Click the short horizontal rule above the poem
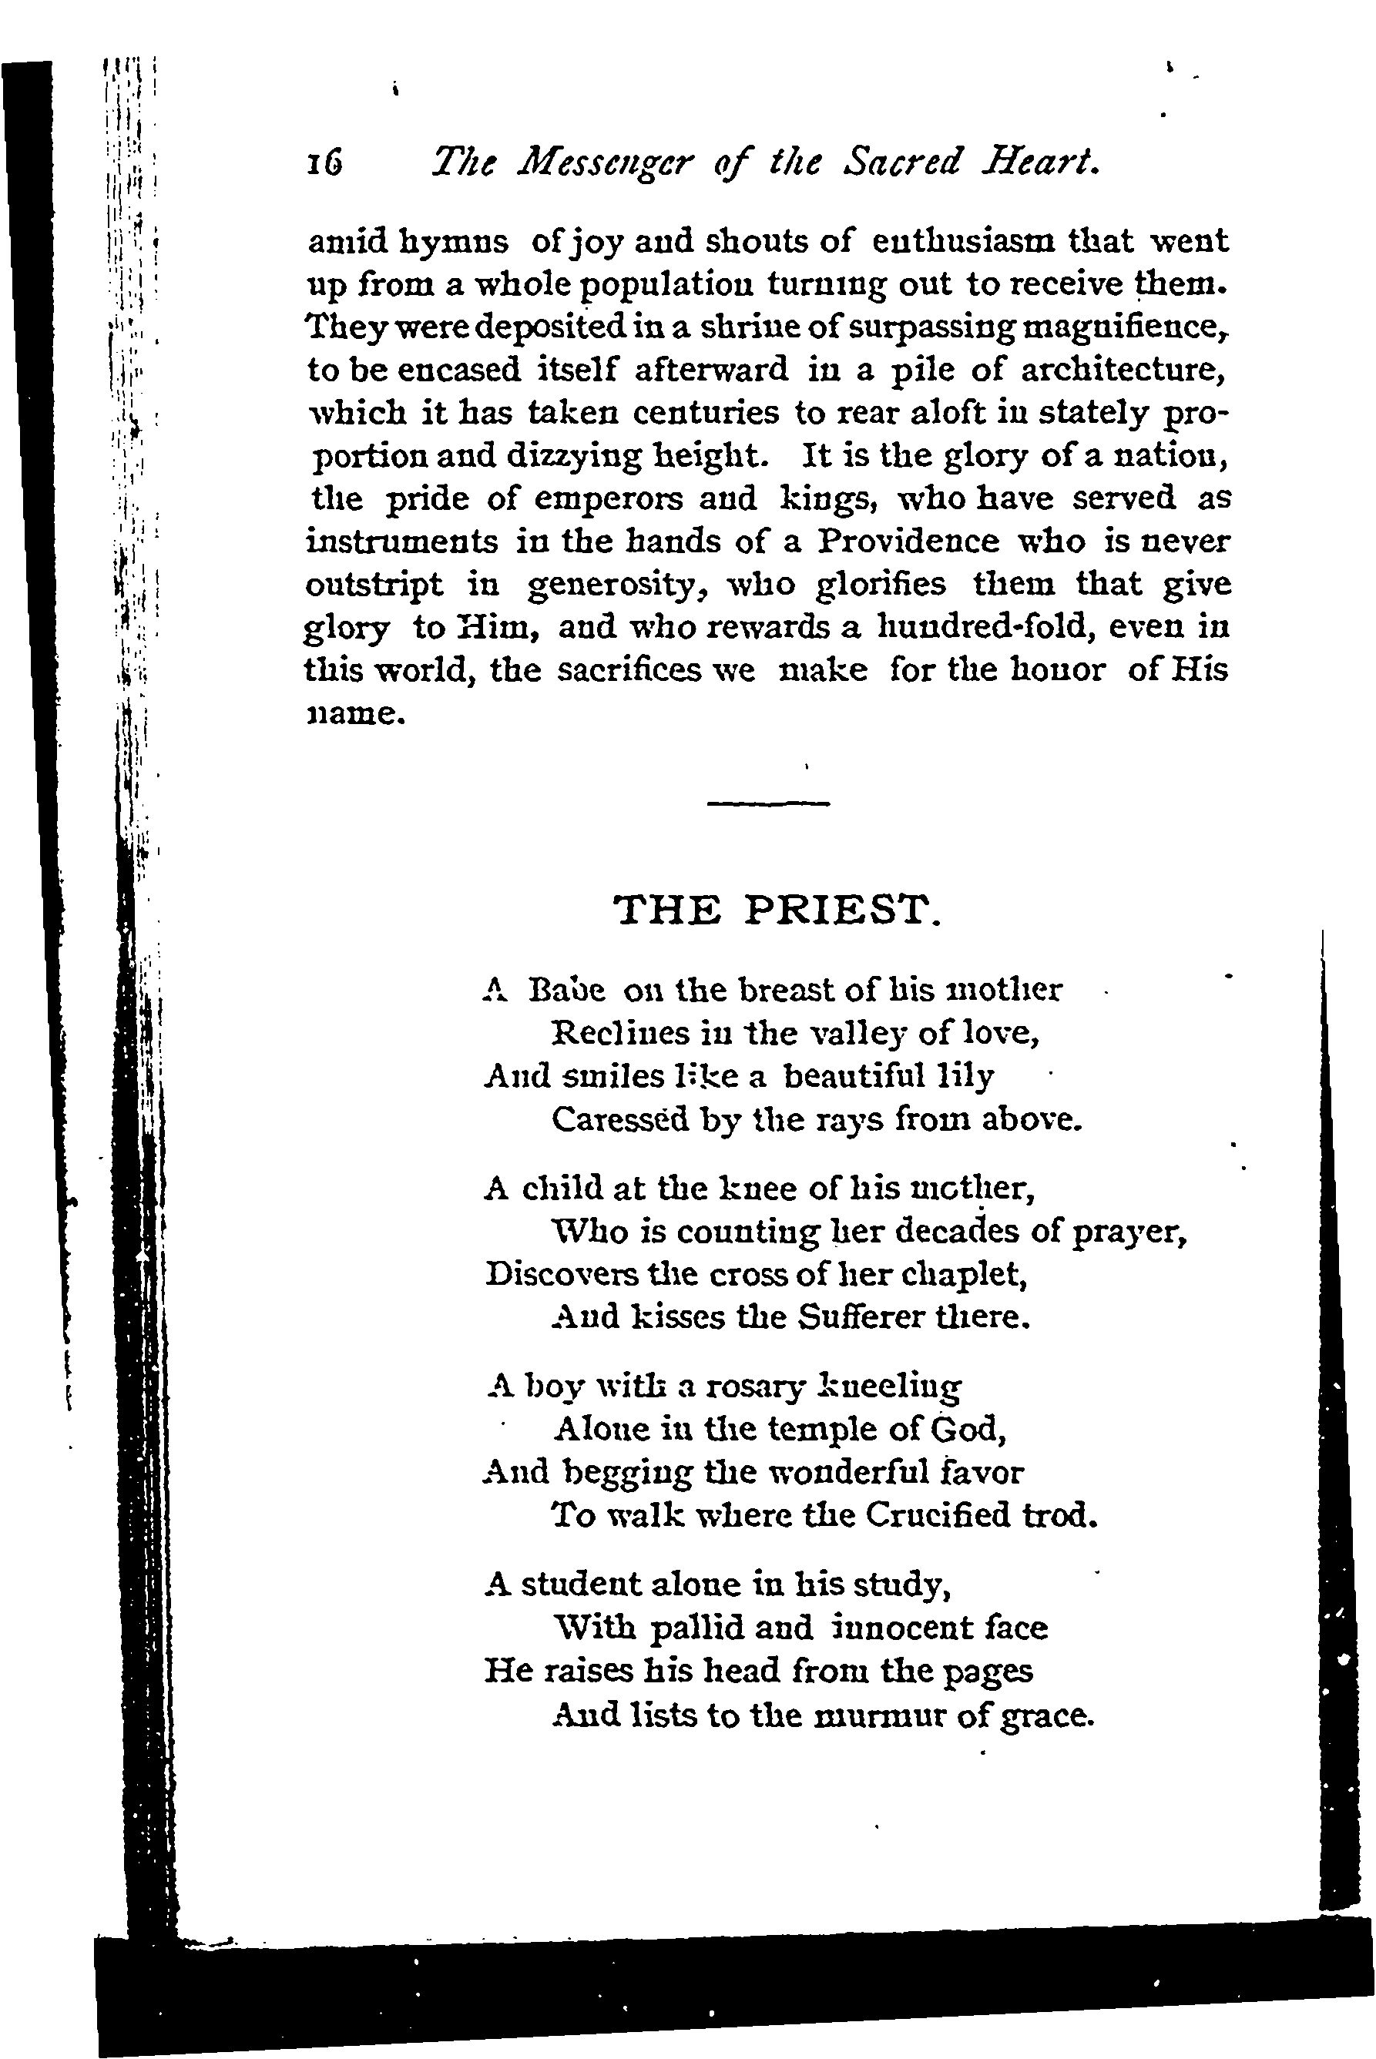(x=768, y=803)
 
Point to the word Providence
(x=908, y=542)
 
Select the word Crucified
(x=938, y=1515)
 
